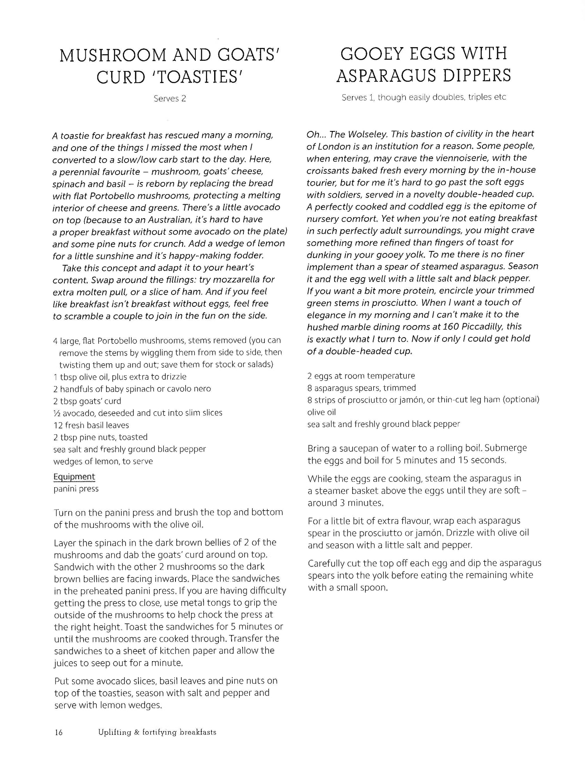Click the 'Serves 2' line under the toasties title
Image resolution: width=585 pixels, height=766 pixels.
(x=170, y=99)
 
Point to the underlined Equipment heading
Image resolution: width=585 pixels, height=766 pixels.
(x=74, y=477)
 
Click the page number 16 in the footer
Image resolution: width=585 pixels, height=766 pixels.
(x=58, y=732)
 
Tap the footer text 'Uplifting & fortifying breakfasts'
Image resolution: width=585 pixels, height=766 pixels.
(x=157, y=732)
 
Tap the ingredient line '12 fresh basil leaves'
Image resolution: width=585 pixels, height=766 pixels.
(x=91, y=425)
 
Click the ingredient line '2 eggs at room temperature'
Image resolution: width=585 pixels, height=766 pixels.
(x=361, y=376)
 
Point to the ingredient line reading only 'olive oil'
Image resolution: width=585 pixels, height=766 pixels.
(x=321, y=412)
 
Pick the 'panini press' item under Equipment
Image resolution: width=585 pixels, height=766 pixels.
(x=76, y=489)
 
